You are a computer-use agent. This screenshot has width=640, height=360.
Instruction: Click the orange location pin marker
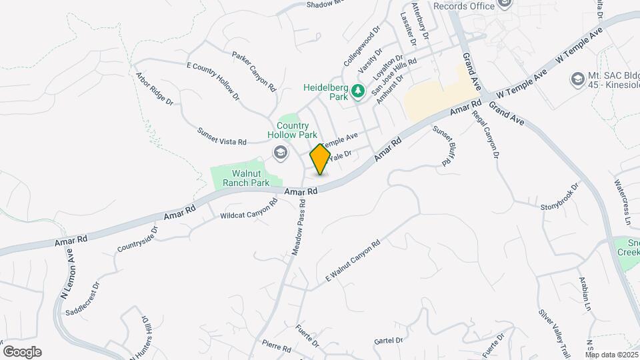(320, 159)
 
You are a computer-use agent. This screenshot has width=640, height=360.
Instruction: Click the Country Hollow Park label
(293, 130)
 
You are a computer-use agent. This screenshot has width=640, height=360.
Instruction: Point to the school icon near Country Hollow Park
(280, 154)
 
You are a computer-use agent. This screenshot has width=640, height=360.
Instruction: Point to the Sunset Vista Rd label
(222, 137)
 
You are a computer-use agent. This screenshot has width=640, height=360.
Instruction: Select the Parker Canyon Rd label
(254, 71)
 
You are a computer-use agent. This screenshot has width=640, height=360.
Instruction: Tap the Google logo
(22, 351)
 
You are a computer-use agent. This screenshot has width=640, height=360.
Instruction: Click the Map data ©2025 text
(611, 355)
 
